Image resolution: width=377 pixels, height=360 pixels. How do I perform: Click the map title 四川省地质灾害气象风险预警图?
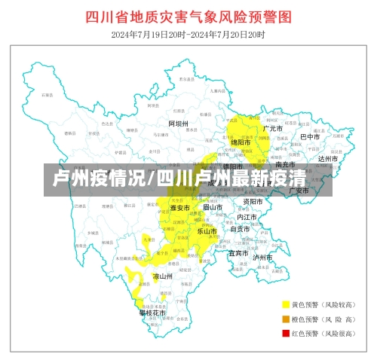tap(188, 17)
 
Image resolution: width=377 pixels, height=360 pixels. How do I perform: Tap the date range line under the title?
tap(188, 34)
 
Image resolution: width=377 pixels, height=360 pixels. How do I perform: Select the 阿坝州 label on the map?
tap(179, 124)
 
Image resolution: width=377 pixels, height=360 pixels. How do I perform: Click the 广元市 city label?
tap(272, 129)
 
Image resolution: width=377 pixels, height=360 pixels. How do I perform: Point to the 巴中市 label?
tap(311, 137)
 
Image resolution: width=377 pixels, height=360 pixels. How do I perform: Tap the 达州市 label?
tap(328, 159)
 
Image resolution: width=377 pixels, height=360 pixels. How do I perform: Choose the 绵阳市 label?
tap(241, 142)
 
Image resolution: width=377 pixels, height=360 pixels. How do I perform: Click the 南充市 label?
tap(285, 164)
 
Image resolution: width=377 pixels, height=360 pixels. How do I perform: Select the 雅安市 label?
tap(179, 208)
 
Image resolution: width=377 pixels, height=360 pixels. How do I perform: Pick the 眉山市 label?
tap(213, 206)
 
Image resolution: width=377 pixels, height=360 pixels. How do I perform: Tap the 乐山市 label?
tap(207, 231)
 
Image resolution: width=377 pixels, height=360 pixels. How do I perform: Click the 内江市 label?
tap(247, 217)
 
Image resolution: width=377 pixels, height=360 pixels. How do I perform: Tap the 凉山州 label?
tap(163, 276)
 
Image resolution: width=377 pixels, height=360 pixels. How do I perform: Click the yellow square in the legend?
tap(286, 305)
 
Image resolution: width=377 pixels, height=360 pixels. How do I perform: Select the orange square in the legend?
tap(286, 319)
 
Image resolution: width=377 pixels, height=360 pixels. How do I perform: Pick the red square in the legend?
tap(286, 333)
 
